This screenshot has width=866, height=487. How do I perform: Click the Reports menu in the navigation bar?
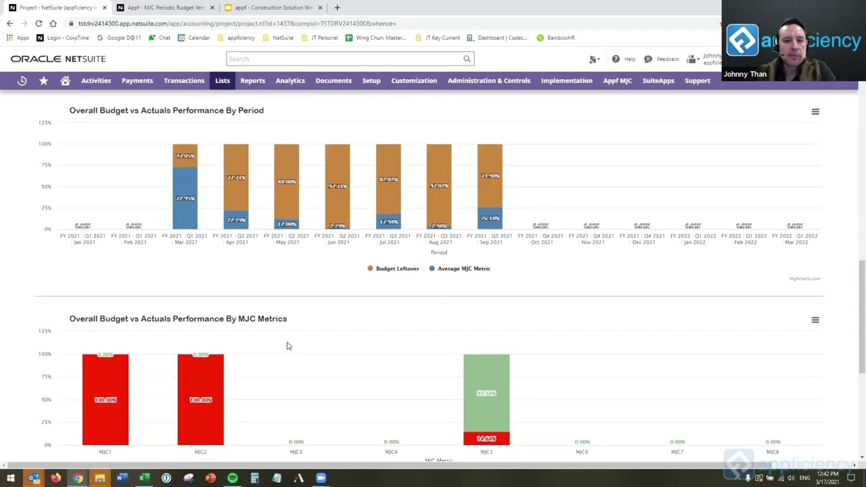pos(252,80)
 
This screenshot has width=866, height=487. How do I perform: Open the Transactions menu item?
pos(183,80)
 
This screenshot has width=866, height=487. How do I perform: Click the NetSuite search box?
pos(345,59)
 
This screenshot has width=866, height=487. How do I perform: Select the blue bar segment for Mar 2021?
pos(185,198)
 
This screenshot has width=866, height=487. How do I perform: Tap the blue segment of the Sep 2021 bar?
pos(489,218)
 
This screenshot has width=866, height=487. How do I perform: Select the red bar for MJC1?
pos(106,399)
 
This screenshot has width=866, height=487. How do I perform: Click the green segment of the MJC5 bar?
pos(486,392)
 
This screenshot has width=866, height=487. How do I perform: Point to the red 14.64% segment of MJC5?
pos(486,439)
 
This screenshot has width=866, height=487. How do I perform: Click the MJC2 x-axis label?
pos(200,452)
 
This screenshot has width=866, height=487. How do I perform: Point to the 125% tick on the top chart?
pos(45,122)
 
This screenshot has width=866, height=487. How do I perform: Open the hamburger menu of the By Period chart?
pos(815,112)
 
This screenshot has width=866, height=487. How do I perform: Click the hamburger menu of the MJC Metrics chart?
pos(815,320)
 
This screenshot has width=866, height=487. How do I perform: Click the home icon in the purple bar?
pos(65,80)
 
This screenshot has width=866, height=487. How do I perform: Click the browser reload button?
pos(39,23)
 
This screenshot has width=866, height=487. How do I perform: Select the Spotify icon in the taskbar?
pos(232,478)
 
